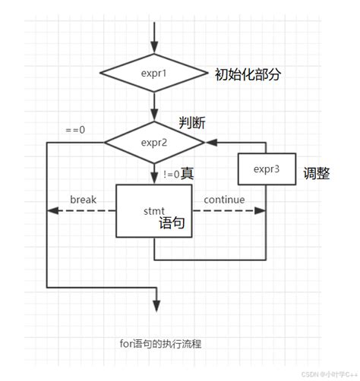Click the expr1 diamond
(x=154, y=74)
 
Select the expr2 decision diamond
(x=154, y=141)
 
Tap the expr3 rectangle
(x=265, y=168)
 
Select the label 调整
(x=316, y=173)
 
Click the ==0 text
(x=75, y=130)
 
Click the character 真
(x=187, y=174)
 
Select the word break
(x=83, y=200)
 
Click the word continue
(x=224, y=200)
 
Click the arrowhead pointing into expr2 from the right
(x=210, y=142)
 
